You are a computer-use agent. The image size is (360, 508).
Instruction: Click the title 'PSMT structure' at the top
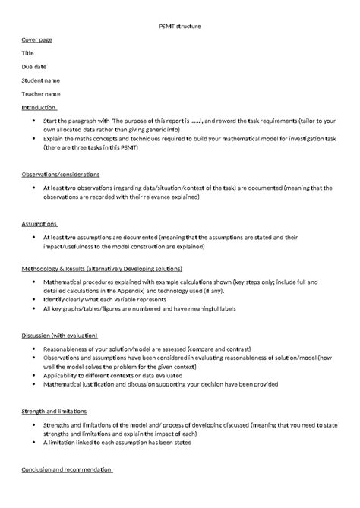coord(179,26)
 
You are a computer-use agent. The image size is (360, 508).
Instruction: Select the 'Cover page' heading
coord(36,39)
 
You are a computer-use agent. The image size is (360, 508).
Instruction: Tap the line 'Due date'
coord(34,67)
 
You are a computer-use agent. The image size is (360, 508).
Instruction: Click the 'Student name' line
coord(41,80)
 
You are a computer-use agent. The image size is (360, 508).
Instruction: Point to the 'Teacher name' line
coord(41,94)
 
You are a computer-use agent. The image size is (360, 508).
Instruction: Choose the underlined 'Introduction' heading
coord(39,108)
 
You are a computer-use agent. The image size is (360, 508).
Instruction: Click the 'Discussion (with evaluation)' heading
coord(59,334)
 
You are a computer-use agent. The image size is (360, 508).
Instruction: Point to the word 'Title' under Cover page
coord(28,53)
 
